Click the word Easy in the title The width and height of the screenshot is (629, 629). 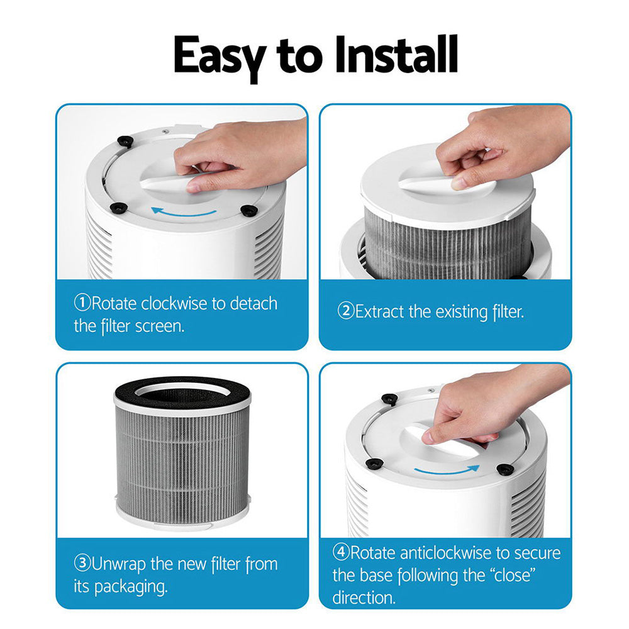click(x=219, y=57)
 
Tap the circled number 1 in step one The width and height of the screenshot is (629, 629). click(x=82, y=304)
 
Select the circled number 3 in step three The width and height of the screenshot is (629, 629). click(x=82, y=563)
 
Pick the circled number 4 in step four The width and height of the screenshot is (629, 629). click(x=340, y=553)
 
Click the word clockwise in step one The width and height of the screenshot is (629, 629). click(x=174, y=304)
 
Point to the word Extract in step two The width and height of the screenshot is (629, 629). click(x=379, y=311)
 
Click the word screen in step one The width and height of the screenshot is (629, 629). click(x=160, y=326)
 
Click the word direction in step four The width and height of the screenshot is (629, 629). click(x=364, y=597)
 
